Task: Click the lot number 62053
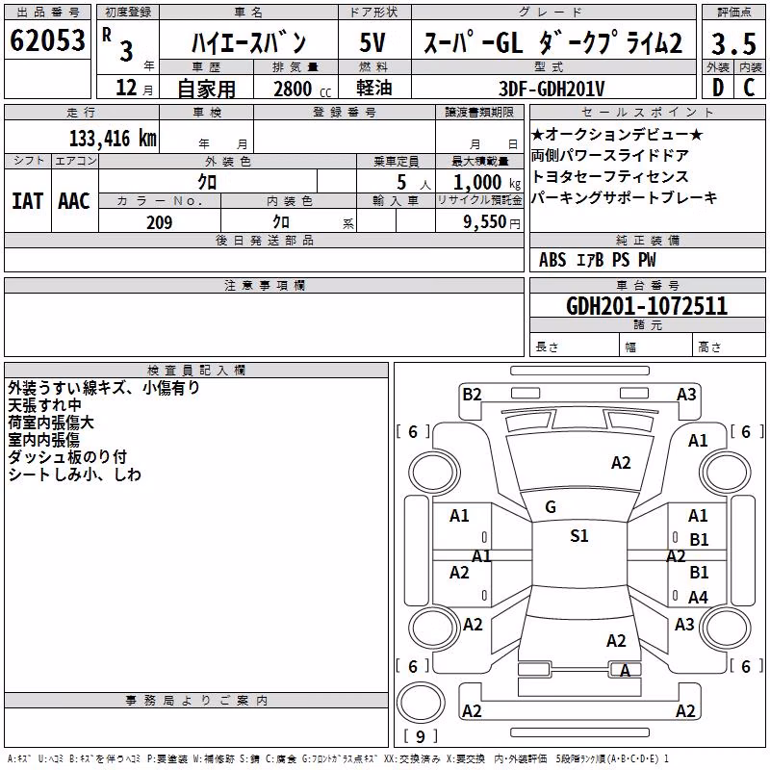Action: click(x=47, y=39)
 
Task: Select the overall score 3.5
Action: click(x=733, y=43)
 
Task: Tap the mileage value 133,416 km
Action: click(x=113, y=138)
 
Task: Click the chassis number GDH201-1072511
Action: click(x=647, y=306)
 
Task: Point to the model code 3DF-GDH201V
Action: click(x=552, y=89)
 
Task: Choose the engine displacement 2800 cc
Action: click(x=302, y=89)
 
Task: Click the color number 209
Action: click(x=159, y=222)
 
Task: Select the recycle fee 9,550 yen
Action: click(x=492, y=222)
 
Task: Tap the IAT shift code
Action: click(x=27, y=201)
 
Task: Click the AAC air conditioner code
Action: click(x=74, y=201)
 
